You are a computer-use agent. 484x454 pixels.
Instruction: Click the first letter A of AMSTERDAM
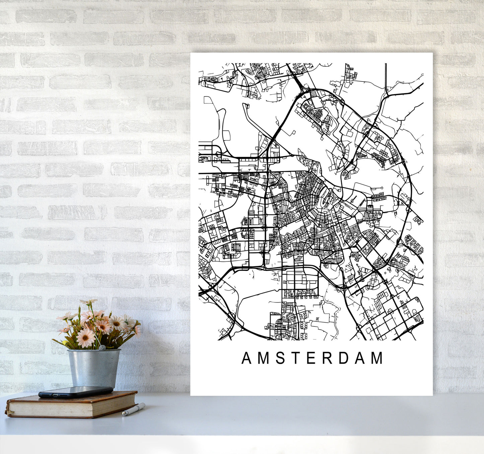(247, 358)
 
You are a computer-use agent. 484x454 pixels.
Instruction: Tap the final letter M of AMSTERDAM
(377, 358)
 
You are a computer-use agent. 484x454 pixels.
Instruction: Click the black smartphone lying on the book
(75, 392)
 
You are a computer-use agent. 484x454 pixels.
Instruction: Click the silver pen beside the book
(133, 409)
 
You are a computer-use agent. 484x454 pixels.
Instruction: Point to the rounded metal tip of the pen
(124, 414)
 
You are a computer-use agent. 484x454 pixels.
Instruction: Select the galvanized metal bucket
(93, 367)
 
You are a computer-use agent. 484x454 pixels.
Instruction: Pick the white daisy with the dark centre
(117, 323)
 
